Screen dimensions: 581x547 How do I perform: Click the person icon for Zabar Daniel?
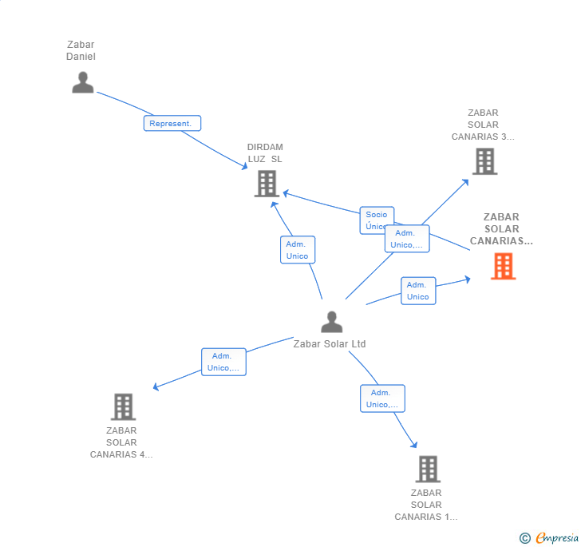[83, 82]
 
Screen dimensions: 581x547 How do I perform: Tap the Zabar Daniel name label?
[81, 50]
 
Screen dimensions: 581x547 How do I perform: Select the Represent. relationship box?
[172, 123]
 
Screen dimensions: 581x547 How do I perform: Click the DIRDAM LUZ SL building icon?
[266, 184]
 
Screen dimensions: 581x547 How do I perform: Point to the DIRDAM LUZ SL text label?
[265, 153]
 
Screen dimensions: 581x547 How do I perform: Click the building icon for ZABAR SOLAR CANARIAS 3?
[484, 161]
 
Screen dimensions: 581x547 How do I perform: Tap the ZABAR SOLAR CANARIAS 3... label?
[483, 125]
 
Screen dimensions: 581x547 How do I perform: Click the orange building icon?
[503, 266]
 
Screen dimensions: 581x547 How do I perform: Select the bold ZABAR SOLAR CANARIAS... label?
[501, 228]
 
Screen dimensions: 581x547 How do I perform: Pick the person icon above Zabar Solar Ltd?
[331, 322]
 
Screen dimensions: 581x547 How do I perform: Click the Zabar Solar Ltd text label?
[330, 344]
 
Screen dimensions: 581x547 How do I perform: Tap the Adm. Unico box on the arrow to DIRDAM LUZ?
[297, 250]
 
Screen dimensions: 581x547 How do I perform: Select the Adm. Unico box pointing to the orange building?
[417, 291]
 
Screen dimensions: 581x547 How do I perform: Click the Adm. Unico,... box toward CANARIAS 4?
[223, 362]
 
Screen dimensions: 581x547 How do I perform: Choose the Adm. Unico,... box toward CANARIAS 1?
[382, 398]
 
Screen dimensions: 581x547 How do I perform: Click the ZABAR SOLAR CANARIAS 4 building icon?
[123, 406]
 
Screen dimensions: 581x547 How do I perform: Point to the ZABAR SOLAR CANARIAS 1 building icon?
[428, 469]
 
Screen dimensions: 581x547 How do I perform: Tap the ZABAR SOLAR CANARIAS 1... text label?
[426, 505]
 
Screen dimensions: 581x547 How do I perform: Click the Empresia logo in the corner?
[556, 538]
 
